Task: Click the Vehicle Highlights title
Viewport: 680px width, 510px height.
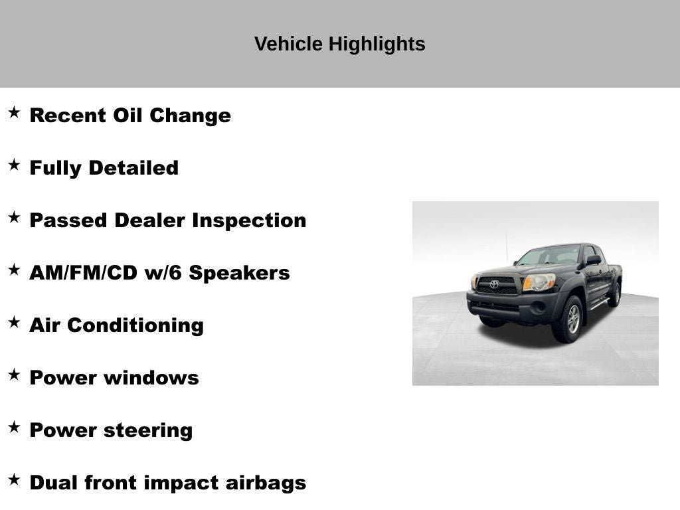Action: [339, 44]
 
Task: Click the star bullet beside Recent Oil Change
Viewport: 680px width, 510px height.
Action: [14, 112]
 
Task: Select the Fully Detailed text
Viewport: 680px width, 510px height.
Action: [104, 168]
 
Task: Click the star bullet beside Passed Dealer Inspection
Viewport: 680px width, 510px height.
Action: [14, 217]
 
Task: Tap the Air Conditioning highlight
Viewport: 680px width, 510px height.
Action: [116, 325]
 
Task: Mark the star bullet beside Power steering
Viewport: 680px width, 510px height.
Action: [14, 427]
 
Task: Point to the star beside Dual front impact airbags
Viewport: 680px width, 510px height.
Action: [14, 479]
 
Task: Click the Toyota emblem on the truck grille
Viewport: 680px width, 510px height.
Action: [494, 284]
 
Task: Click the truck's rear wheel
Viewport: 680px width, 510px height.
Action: [615, 294]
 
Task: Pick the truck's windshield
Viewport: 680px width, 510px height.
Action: [549, 256]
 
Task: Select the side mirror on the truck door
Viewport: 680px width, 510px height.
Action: [592, 260]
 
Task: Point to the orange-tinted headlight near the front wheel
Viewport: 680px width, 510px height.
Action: [538, 283]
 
